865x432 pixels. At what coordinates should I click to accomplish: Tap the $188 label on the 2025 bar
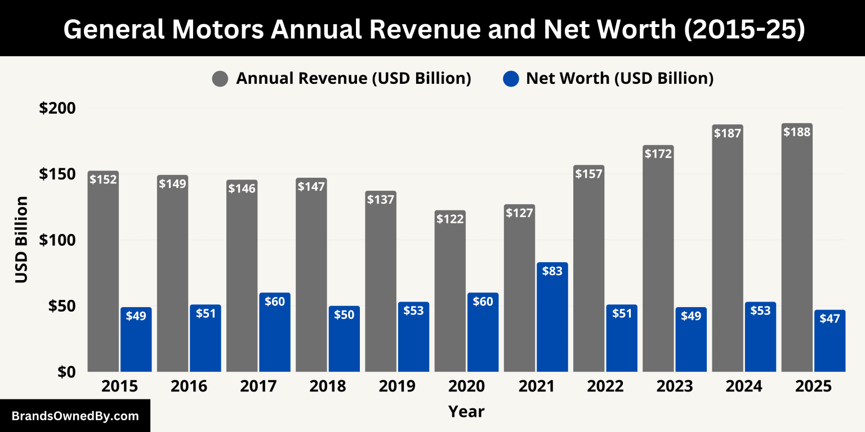(x=797, y=132)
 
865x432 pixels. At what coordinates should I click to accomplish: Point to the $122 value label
(x=450, y=219)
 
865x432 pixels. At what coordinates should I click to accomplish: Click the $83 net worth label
(x=552, y=271)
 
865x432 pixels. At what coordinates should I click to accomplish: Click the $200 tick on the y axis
(x=57, y=108)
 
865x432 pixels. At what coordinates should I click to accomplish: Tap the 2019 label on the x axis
(x=397, y=386)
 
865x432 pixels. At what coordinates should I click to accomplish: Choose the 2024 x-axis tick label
(x=744, y=386)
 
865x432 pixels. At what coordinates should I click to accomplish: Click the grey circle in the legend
(x=220, y=79)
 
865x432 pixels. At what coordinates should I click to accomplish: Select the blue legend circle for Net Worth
(x=510, y=79)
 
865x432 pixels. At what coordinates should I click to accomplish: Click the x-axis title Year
(x=466, y=411)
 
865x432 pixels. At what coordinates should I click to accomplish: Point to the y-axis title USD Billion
(x=21, y=240)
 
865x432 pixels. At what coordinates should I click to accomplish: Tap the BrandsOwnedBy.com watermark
(x=75, y=416)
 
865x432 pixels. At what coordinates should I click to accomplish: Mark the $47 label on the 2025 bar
(x=830, y=318)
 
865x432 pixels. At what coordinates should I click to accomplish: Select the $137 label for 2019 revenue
(x=380, y=199)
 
